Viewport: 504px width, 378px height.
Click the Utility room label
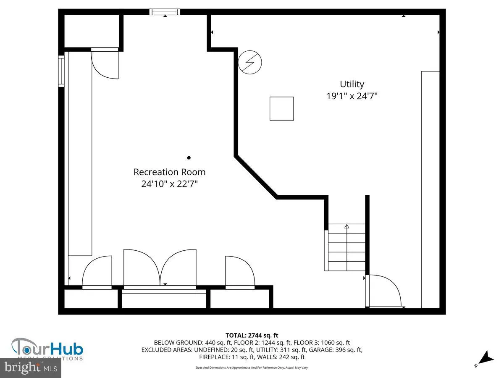tap(352, 84)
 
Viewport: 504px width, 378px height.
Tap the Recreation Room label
tap(170, 172)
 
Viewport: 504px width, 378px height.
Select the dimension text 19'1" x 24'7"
tap(352, 96)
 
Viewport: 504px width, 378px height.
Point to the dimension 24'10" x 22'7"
tap(170, 184)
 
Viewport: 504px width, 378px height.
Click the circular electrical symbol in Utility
tap(250, 63)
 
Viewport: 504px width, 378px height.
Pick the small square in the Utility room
tap(281, 109)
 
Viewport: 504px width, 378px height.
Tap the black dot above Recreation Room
tap(189, 158)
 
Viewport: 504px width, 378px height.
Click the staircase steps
tap(346, 248)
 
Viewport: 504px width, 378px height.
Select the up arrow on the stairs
tap(347, 227)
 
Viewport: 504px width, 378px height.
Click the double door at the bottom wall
tap(160, 269)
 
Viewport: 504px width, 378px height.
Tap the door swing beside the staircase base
tap(383, 291)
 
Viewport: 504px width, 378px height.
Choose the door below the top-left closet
tap(105, 63)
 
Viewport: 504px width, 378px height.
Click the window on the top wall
tap(165, 12)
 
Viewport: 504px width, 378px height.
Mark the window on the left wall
tap(61, 71)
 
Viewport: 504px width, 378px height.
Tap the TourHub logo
tap(47, 349)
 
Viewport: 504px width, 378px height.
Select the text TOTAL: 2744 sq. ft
tap(252, 335)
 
